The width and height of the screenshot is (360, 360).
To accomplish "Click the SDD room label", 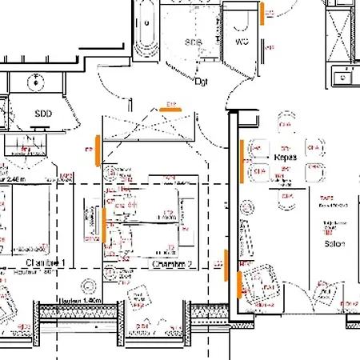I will point(42,114).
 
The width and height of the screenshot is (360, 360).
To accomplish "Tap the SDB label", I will point(193,42).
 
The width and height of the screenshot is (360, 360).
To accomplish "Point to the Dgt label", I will point(202,81).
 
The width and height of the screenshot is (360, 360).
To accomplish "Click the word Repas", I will point(285,158).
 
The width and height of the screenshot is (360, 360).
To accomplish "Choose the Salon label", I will point(334,243).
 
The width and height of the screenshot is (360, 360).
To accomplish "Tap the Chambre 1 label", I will point(45,263).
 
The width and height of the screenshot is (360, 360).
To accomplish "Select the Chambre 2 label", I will point(174,263).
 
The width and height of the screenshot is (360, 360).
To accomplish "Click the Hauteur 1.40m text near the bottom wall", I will point(81,300).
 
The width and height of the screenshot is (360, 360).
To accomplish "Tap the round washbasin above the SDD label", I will point(37,82).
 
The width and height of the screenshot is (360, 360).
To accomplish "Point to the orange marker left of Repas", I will point(241,159).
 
